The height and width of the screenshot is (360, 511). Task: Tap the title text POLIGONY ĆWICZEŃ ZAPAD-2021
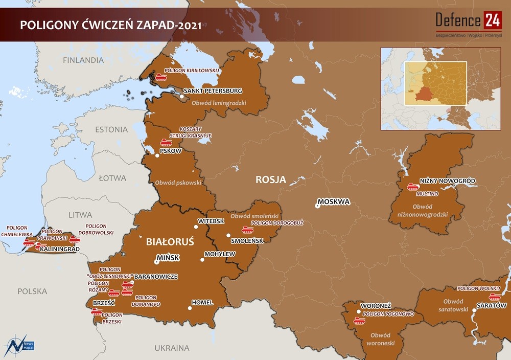click(110, 25)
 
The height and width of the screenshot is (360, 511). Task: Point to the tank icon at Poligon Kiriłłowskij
click(161, 78)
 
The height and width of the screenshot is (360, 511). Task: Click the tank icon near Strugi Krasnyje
click(166, 142)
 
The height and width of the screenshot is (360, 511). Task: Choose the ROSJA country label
click(270, 180)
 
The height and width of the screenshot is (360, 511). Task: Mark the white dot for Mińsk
click(157, 262)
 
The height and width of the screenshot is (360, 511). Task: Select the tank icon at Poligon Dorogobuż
click(247, 230)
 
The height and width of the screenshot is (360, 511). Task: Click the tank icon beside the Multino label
click(412, 187)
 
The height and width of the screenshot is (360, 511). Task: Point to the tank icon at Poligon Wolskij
click(494, 297)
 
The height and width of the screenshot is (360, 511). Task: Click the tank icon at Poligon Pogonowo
click(359, 321)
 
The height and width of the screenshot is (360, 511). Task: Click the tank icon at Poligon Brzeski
click(97, 311)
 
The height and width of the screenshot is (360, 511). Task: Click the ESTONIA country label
click(111, 129)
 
